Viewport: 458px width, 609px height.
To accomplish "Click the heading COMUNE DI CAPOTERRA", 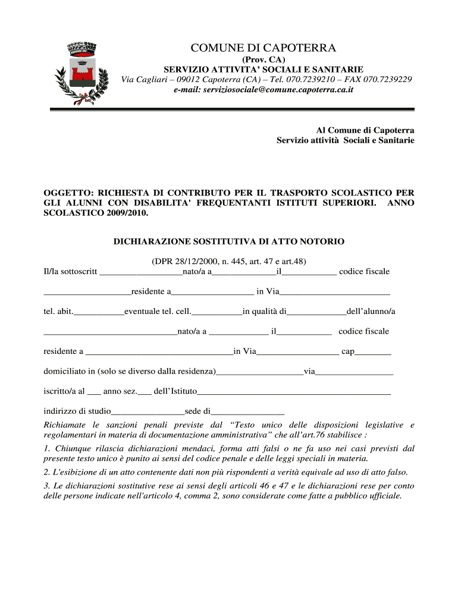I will click(x=263, y=48).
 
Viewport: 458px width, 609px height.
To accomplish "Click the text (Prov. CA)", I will click(x=263, y=60).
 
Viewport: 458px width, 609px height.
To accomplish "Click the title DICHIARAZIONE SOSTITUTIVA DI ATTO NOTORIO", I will click(x=228, y=242).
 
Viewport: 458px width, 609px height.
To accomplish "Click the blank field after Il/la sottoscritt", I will click(x=141, y=273).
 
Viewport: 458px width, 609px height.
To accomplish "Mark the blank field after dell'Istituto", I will click(x=294, y=393).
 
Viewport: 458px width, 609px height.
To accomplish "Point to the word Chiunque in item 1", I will click(x=71, y=448).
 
